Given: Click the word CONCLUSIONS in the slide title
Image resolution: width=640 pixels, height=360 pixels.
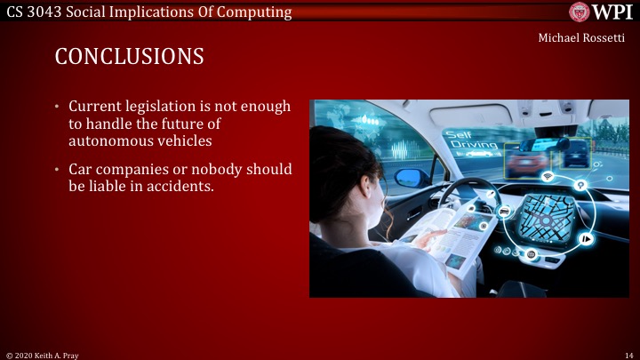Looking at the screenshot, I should [129, 57].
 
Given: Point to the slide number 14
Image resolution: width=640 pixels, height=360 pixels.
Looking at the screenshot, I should [628, 354].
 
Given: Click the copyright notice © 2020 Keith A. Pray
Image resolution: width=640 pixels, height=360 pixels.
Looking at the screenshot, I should [42, 354].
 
